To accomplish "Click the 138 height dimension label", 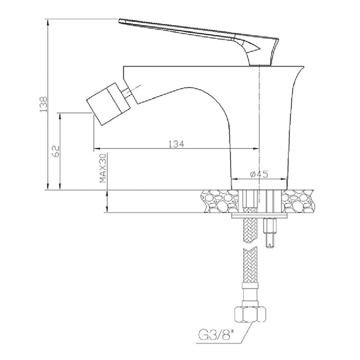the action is coord(43,105).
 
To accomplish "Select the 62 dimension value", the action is coord(56,151).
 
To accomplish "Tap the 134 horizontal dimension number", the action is coord(176,144).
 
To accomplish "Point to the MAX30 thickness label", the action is coord(103,168).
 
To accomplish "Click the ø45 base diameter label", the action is coord(259,175).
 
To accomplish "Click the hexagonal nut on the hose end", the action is coord(250,315).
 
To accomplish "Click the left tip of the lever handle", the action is coord(119,21).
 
